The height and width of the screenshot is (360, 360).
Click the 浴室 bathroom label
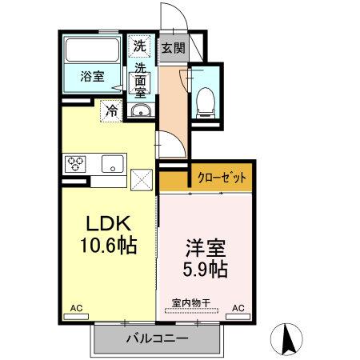(x=92, y=77)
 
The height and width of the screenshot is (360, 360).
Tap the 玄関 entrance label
(x=174, y=48)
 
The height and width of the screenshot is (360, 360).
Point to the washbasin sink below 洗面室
(x=141, y=111)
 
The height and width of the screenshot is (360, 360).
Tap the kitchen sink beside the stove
(x=111, y=165)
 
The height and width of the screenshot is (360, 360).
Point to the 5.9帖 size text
(x=205, y=270)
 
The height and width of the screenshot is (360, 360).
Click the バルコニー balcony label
(x=157, y=338)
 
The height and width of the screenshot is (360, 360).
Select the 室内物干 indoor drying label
(x=191, y=303)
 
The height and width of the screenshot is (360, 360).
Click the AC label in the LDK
(x=77, y=307)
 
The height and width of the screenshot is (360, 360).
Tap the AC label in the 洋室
(x=238, y=307)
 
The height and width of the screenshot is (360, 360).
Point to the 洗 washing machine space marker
(x=140, y=47)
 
